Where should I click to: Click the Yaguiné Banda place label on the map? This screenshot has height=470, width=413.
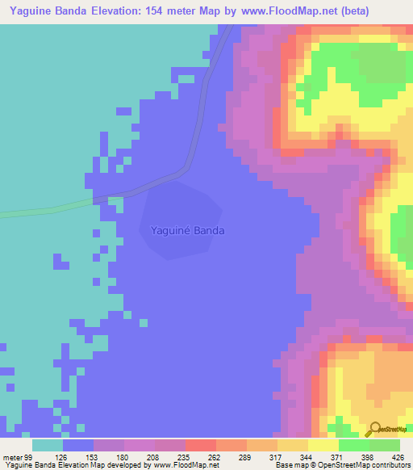[x=187, y=230]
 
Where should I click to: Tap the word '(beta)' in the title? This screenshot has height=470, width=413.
[x=390, y=11]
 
